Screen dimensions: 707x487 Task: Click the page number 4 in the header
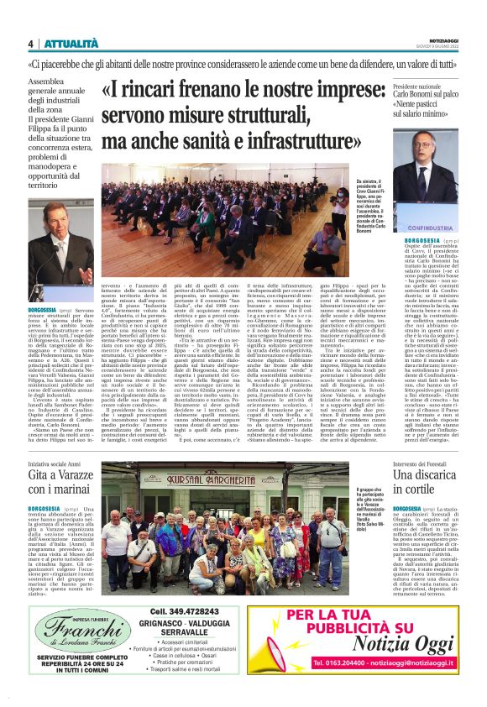click(x=30, y=44)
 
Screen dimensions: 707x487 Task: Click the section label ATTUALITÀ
click(x=64, y=44)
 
